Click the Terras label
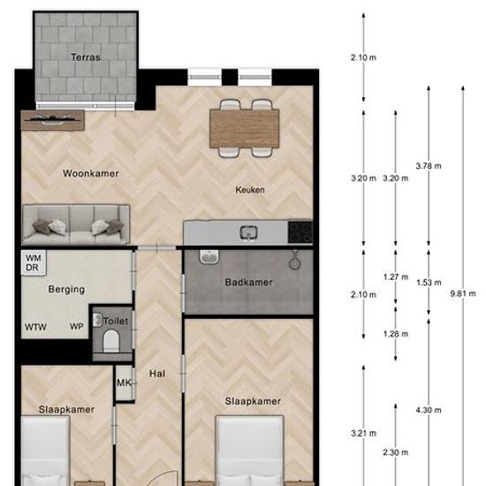[x=85, y=57]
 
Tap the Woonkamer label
[x=90, y=173]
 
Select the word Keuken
[x=250, y=190]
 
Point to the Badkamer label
[x=249, y=282]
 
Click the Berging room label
[x=66, y=289]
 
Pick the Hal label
[x=157, y=374]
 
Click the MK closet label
[x=124, y=383]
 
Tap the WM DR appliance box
[x=34, y=262]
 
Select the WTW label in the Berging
[x=35, y=327]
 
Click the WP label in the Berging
[x=77, y=326]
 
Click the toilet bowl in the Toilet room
[x=111, y=341]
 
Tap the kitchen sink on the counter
[x=249, y=233]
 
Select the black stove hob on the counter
[x=300, y=232]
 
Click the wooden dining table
[x=245, y=128]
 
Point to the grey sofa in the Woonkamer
[x=76, y=224]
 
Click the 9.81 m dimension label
[x=463, y=293]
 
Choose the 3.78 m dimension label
[x=429, y=166]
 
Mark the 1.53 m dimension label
[x=429, y=283]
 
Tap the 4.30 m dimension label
[x=429, y=410]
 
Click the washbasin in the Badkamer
[x=209, y=257]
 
